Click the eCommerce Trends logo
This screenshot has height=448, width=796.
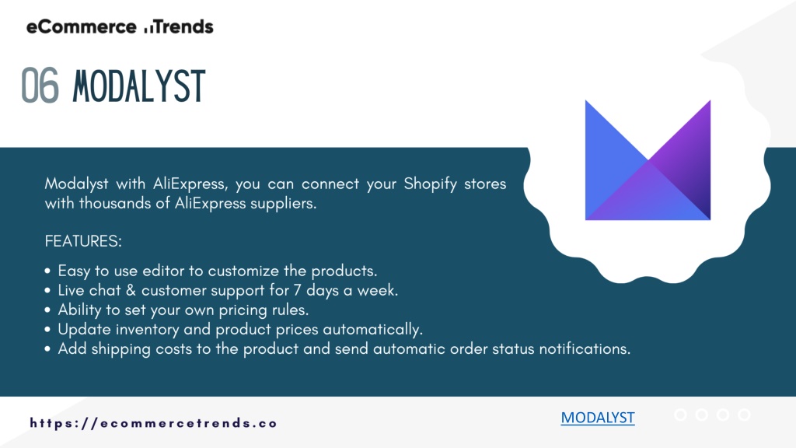(x=120, y=27)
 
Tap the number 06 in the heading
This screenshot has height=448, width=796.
(x=40, y=86)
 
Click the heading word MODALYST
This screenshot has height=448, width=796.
(x=139, y=86)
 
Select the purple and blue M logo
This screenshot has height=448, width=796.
(x=648, y=160)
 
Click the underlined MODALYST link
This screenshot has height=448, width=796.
(x=598, y=418)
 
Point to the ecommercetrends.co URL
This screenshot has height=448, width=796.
(x=153, y=423)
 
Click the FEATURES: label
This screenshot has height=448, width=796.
(x=83, y=241)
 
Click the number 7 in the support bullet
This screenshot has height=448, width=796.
(x=298, y=291)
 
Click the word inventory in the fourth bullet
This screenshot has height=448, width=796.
(x=147, y=330)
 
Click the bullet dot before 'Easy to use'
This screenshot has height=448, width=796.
(x=47, y=271)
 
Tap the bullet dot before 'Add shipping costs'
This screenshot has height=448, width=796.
(x=47, y=349)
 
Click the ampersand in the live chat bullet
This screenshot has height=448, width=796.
(x=131, y=291)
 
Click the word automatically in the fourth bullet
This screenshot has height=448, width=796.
(x=372, y=330)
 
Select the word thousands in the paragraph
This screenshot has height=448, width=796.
(x=115, y=203)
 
